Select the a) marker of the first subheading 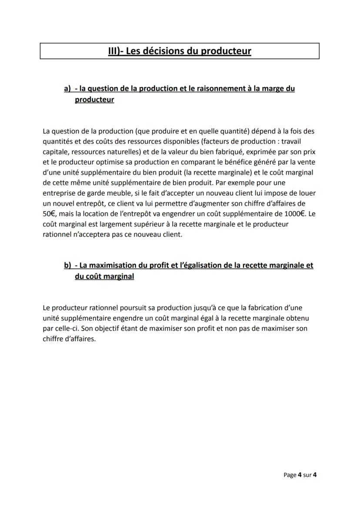[67, 89]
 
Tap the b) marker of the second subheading [67, 265]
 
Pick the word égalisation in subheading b [208, 265]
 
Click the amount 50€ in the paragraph [50, 214]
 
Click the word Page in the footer [290, 475]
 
